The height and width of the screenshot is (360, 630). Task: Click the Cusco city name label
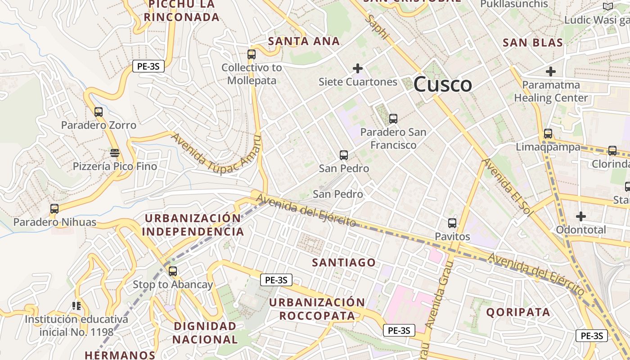coord(443,84)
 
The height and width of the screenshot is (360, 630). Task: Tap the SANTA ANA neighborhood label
coord(304,41)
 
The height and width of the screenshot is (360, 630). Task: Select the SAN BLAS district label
coord(533,43)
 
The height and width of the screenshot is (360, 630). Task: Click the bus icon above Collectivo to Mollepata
coord(252,54)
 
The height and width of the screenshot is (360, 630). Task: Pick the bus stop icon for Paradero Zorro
coord(99,112)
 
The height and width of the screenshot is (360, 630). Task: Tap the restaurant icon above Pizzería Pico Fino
coord(115,153)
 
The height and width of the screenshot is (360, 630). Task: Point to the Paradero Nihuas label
coord(55,222)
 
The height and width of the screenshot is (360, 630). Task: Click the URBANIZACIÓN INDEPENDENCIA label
coord(193,225)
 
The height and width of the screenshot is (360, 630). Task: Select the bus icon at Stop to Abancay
coord(173,271)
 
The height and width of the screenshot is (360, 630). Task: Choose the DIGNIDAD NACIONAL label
coord(205,333)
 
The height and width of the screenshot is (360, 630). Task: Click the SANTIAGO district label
coord(344,262)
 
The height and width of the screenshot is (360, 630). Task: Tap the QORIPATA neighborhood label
coord(518,312)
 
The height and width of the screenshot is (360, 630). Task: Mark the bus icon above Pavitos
coord(452,223)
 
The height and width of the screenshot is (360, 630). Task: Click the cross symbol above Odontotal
coord(581,216)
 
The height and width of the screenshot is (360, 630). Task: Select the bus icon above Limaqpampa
coord(548,134)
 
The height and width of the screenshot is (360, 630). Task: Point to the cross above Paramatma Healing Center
coord(551,72)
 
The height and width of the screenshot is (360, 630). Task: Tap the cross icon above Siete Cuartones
coord(358,68)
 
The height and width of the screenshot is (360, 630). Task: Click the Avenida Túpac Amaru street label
coord(216,154)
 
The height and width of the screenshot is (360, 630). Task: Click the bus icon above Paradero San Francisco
coord(393,119)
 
